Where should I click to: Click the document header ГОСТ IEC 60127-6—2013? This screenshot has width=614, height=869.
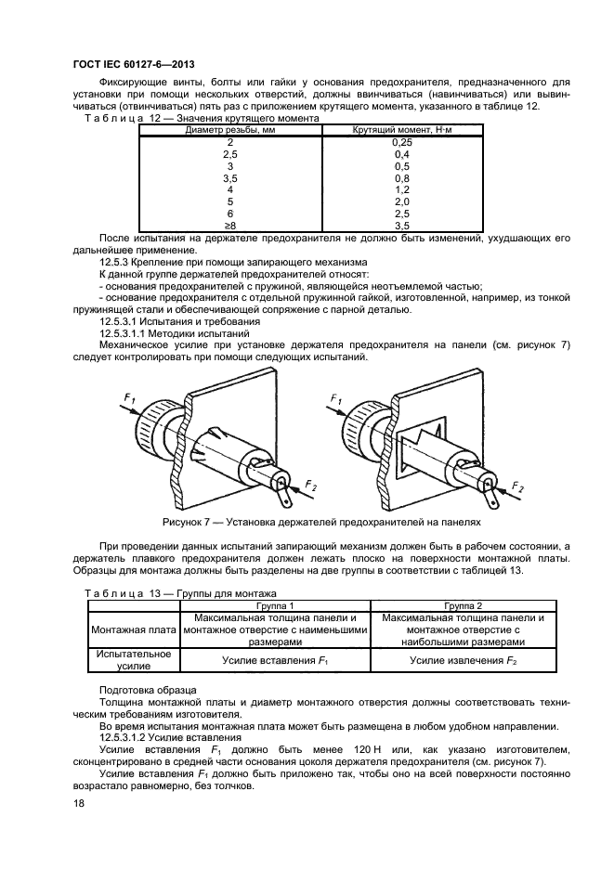point(134,64)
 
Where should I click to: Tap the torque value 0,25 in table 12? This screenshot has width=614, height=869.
point(402,142)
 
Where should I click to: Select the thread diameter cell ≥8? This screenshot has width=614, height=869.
point(229,226)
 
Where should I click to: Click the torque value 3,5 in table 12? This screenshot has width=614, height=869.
point(402,226)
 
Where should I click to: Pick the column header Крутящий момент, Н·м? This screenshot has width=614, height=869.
point(402,130)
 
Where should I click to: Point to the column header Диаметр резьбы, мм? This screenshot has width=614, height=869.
point(230,130)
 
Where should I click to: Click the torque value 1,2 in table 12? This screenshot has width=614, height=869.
point(402,190)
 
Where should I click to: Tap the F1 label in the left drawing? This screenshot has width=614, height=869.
point(129,398)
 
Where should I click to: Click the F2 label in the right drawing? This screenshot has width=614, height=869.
point(517,487)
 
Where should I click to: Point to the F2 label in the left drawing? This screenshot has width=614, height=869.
point(310,486)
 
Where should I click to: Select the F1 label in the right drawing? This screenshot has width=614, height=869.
point(336,398)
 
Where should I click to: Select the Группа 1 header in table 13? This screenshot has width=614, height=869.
point(275,605)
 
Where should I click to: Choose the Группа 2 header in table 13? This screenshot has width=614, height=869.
point(464,605)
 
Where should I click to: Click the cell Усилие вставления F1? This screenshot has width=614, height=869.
point(275,660)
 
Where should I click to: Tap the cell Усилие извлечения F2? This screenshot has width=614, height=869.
point(464,660)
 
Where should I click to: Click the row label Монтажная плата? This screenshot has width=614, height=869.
point(134,630)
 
